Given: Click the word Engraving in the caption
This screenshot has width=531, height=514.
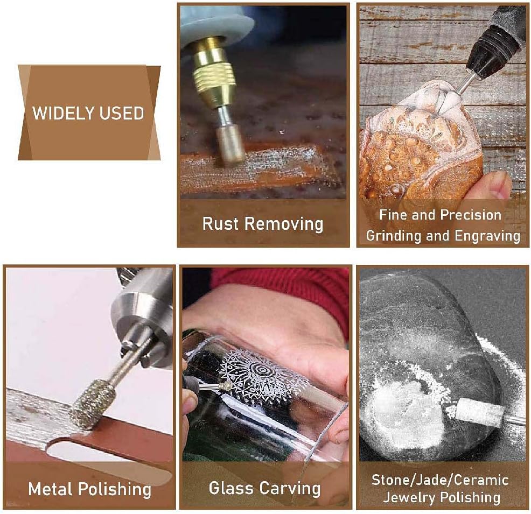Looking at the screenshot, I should coord(488,236).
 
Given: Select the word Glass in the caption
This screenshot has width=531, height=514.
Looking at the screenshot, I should coord(230,489).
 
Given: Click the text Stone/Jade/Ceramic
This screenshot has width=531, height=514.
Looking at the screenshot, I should coord(440,480).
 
